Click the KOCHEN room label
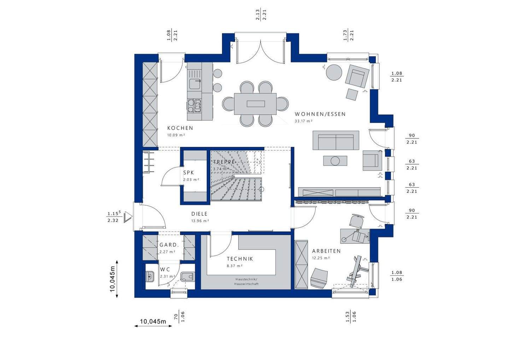tap(180, 128)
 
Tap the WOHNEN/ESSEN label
tap(320, 114)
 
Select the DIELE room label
tap(199, 214)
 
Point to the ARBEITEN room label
tap(326, 251)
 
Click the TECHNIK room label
tap(240, 259)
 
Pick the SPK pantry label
tap(189, 173)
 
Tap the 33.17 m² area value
tap(304, 121)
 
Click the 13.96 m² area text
tap(200, 221)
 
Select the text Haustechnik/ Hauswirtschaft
tap(246, 282)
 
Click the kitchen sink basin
tap(195, 84)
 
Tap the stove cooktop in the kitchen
tap(194, 106)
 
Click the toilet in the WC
tap(187, 276)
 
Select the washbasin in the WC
tap(150, 276)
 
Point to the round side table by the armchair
tap(334, 72)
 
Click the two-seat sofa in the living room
tap(336, 140)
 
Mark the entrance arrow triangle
tap(128, 217)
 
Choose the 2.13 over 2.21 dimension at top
tap(261, 15)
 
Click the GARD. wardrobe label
tap(169, 245)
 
